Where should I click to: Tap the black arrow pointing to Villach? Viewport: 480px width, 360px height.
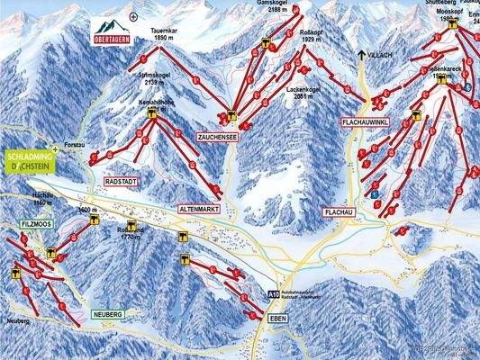pyautogui.click(x=362, y=56)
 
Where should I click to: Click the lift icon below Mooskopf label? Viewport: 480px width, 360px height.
pyautogui.click(x=451, y=25)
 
